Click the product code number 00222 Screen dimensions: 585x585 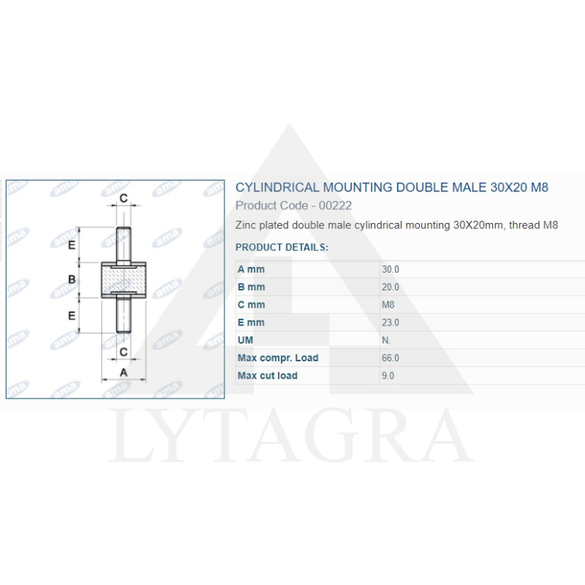click(335, 205)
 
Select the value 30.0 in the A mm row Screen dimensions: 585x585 click(390, 269)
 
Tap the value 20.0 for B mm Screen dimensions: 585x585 click(390, 287)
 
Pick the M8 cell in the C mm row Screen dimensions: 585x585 click(388, 305)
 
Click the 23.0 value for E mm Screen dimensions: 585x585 click(390, 322)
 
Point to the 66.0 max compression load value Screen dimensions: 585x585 click(390, 358)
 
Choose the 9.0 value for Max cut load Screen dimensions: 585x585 click(388, 376)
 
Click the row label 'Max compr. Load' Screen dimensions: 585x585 click(278, 358)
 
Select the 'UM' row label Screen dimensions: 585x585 click(245, 340)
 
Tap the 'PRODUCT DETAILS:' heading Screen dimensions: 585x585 click(282, 247)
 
